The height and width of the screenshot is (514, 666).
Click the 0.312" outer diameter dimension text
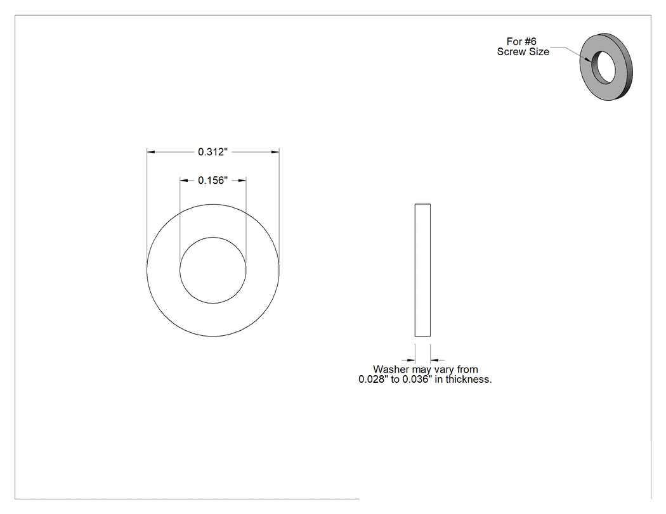pyautogui.click(x=212, y=152)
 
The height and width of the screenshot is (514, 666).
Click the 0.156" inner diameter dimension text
pyautogui.click(x=212, y=181)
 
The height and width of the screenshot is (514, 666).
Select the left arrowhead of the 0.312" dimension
pyautogui.click(x=150, y=151)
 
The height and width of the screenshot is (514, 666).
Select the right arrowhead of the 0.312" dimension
pyautogui.click(x=276, y=151)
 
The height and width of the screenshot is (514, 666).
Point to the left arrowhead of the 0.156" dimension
pyautogui.click(x=183, y=181)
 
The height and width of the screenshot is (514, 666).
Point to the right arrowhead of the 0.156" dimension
pyautogui.click(x=242, y=181)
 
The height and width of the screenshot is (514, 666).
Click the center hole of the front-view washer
pyautogui.click(x=212, y=271)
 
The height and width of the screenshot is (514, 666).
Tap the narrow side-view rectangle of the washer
pyautogui.click(x=422, y=271)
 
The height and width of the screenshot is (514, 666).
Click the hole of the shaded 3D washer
pyautogui.click(x=604, y=67)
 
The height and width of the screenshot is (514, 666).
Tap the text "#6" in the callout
pyautogui.click(x=530, y=42)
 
